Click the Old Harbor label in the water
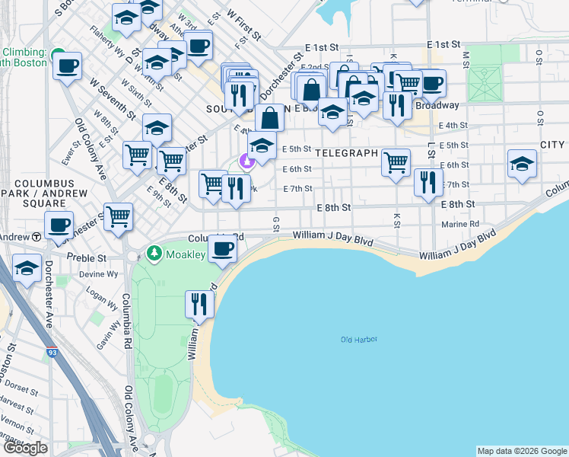coord(359,340)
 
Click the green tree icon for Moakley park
coord(154,252)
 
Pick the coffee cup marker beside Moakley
coord(222,248)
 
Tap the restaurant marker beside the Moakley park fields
coord(199,304)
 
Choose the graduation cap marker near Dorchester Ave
coord(27,269)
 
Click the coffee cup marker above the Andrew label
coord(59,225)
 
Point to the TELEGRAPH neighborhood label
coord(346,153)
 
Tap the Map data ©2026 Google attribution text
coord(521,451)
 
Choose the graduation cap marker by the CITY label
coord(522,164)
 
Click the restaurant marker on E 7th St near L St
coord(428,181)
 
